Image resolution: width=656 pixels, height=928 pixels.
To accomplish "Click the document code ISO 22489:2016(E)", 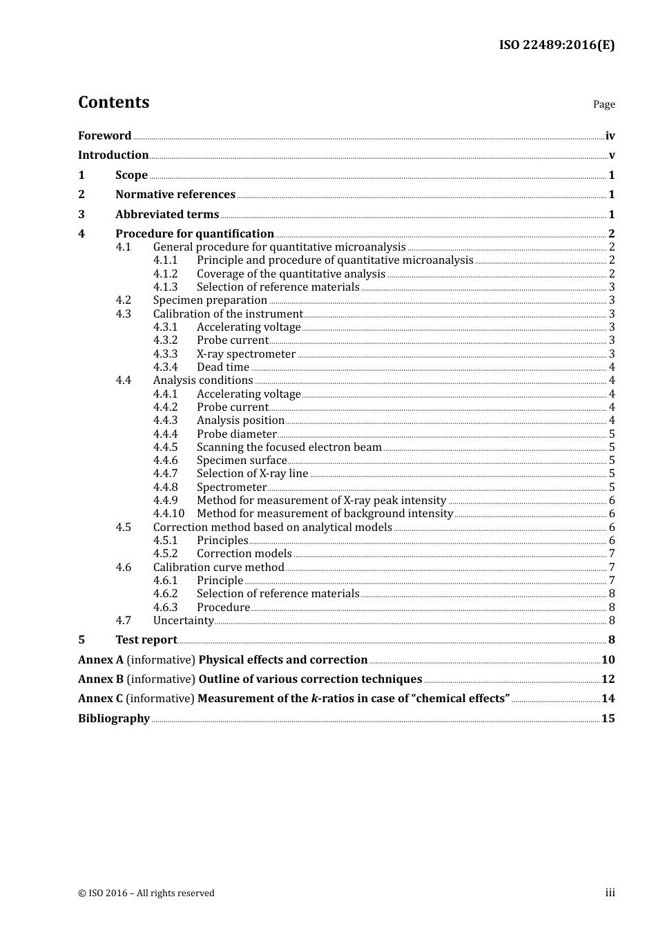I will pos(557,45).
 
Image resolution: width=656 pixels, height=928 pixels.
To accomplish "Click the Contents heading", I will pos(113,102).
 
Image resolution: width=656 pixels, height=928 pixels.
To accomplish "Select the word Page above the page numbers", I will pos(604,104).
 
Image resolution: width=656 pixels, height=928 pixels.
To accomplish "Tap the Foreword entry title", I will pos(104,136).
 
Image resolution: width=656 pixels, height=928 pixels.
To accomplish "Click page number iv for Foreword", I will pos(610,136).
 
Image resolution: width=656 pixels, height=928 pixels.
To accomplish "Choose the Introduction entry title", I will pos(113,155).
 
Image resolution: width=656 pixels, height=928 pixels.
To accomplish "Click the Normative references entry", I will pos(175,195).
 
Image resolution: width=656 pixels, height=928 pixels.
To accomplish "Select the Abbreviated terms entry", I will pos(167,215).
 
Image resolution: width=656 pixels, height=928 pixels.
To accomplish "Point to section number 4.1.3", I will pos(165,287).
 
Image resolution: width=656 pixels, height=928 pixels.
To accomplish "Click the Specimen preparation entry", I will pos(210,300).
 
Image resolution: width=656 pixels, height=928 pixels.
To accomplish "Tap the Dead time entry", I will pos(223,367).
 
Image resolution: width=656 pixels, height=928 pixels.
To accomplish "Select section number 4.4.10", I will pos(168,514).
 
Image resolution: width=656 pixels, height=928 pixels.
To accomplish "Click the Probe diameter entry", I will pos(236,434).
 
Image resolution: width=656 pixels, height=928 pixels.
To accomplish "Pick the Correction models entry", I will pos(244,554).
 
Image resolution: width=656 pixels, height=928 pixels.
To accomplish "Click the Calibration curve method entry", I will pos(218,568).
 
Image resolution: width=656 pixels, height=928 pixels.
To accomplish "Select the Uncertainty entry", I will pos(183,621).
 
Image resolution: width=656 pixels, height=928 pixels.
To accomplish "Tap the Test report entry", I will pos(146,640).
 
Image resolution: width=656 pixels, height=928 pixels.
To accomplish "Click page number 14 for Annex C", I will pos(608,699).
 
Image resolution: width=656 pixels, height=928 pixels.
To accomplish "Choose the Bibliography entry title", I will pos(114,719).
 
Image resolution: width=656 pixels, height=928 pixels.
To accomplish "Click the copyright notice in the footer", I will pos(146,893).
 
